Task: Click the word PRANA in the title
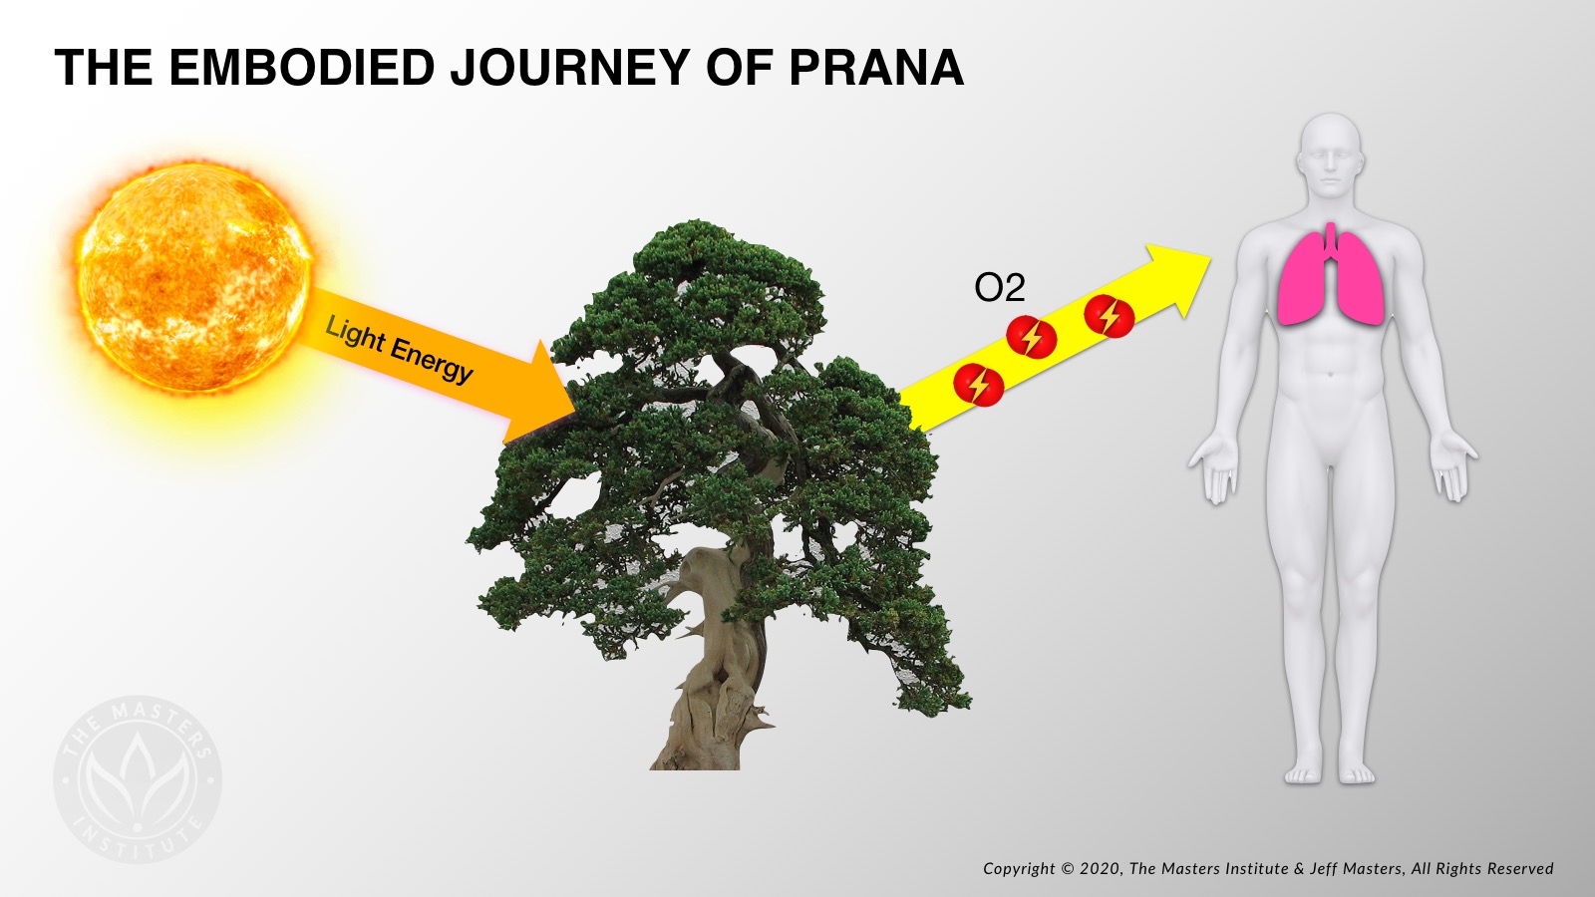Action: [875, 68]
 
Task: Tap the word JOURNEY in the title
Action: [570, 68]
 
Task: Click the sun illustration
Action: [193, 278]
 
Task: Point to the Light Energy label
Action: [399, 349]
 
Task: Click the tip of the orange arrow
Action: [576, 412]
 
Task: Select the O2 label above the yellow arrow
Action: [1000, 288]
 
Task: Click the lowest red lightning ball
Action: [978, 385]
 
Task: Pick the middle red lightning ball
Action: [1031, 337]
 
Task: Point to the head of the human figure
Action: [1330, 156]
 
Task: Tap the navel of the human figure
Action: [1329, 373]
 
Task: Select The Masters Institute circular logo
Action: [138, 779]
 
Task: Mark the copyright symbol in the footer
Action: [1067, 868]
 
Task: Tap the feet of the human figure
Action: [1330, 773]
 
